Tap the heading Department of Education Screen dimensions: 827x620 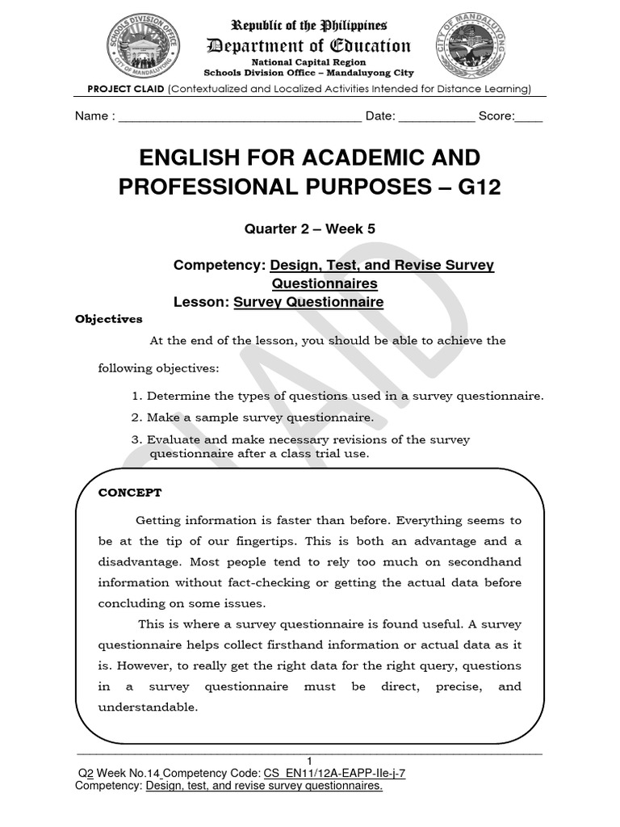309,46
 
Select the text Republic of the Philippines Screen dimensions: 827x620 309,26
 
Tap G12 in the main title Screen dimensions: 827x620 479,187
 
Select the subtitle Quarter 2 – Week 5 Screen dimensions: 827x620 310,229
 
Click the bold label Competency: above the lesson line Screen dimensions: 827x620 220,265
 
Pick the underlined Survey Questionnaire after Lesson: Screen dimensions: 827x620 308,302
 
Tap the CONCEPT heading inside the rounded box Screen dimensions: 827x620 130,492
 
